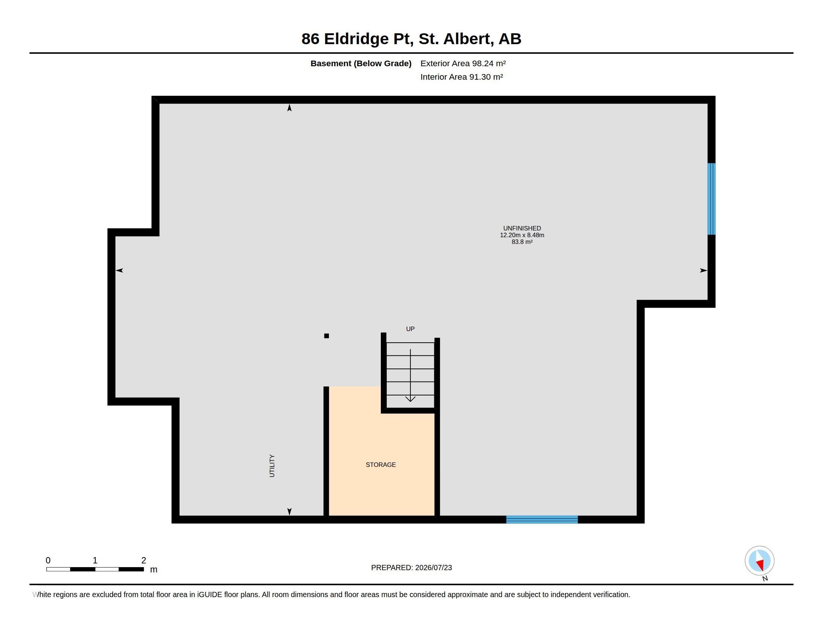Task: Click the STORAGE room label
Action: tap(380, 465)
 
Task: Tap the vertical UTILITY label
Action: tap(272, 466)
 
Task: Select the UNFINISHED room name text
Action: tap(522, 228)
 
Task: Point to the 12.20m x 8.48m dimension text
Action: tap(522, 235)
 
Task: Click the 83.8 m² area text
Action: tap(522, 242)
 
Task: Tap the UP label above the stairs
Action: tap(410, 329)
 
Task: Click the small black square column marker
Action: tap(326, 336)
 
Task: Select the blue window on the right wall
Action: tap(711, 199)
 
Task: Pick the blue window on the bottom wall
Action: tap(542, 520)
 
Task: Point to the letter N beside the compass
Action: tap(765, 578)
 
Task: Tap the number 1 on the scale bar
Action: tap(95, 560)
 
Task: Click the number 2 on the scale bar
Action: tap(144, 560)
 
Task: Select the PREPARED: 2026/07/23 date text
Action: tap(411, 568)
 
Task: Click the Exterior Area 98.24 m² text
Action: tap(463, 63)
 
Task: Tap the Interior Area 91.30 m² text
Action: tap(462, 77)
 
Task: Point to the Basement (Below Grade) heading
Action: tap(361, 63)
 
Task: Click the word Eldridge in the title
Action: tap(357, 39)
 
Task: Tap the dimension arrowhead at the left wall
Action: tap(119, 270)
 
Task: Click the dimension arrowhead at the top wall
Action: tap(290, 108)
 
